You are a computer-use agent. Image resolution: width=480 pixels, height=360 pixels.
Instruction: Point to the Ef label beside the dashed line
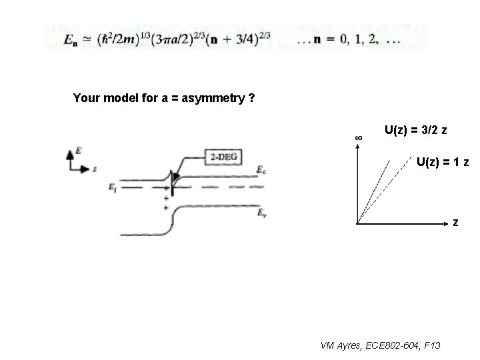tap(112, 188)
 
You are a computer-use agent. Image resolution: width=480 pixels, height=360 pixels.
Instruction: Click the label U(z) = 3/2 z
tap(416, 129)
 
